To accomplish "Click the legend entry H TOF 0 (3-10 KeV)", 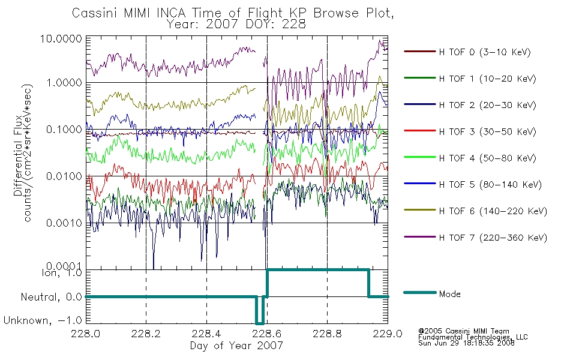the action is click(x=485, y=52).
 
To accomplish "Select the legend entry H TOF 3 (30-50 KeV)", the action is click(x=487, y=131).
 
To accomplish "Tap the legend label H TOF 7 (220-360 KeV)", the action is click(x=493, y=238).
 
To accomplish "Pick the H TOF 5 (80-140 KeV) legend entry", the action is click(x=490, y=185).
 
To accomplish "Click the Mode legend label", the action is click(x=449, y=294).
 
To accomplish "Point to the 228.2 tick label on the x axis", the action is click(x=146, y=334).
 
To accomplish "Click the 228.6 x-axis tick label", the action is click(x=267, y=334).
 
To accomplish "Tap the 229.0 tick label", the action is click(x=388, y=334).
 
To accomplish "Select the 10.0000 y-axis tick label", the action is click(x=61, y=38).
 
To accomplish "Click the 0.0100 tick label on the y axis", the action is click(x=64, y=176).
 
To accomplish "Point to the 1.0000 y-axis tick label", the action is click(x=64, y=83).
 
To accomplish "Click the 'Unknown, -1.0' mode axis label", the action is click(x=43, y=320).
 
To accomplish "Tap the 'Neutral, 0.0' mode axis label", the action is click(x=52, y=297).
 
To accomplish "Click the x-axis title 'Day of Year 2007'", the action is click(x=236, y=346).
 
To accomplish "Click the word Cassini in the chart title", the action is click(x=95, y=13).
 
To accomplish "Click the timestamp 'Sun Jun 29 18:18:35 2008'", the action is click(x=466, y=343).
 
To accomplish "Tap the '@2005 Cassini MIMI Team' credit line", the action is click(x=464, y=331).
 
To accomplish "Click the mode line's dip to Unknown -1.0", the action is click(x=260, y=323).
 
